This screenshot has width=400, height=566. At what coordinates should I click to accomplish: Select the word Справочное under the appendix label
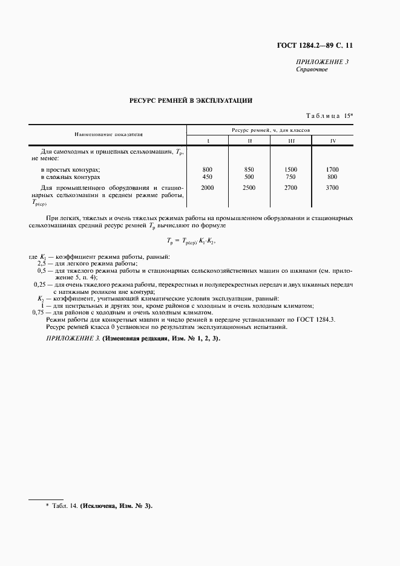click(312, 70)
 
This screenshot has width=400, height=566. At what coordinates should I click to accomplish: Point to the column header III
click(291, 141)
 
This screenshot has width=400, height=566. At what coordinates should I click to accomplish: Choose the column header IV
click(332, 141)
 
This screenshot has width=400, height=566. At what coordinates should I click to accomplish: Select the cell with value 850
click(249, 169)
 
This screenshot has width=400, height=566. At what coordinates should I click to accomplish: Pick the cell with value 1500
click(291, 169)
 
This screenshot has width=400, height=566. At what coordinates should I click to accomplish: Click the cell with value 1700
click(332, 169)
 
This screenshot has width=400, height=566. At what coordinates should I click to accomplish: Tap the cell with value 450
click(208, 177)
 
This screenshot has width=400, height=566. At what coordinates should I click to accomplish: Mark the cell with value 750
click(291, 177)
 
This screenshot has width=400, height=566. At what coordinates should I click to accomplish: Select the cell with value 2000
click(208, 189)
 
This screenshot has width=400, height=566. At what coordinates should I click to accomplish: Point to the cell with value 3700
click(332, 189)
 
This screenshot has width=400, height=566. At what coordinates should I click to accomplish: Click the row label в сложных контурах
click(70, 177)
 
